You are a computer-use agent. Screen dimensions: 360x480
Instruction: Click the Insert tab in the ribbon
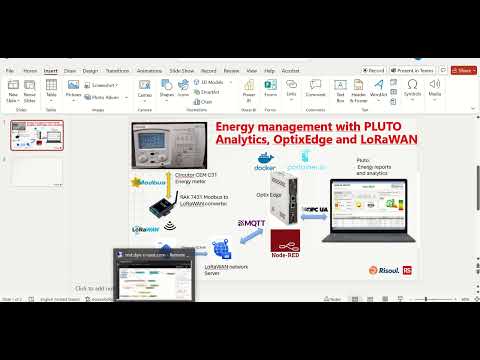tap(50, 71)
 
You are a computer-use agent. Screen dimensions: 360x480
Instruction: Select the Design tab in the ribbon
tap(90, 71)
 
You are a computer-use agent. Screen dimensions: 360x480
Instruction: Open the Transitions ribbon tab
tap(117, 71)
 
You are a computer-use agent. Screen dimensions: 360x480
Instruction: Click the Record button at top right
tap(375, 71)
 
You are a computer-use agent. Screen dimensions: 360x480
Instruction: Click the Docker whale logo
tap(264, 158)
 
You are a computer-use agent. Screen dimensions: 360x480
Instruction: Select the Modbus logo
tap(150, 186)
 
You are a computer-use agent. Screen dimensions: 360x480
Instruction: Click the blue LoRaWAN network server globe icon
tap(220, 246)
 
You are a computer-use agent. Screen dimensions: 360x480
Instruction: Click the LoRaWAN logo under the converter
tap(148, 228)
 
